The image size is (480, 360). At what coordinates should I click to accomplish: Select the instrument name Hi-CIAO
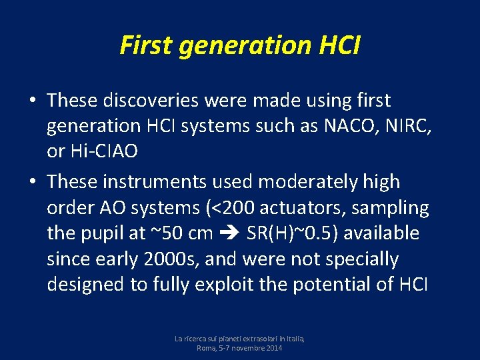(102, 151)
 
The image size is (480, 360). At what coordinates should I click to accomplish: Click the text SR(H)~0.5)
(289, 233)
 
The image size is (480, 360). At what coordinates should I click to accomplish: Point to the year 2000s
(165, 259)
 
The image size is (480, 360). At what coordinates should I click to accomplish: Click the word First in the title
(145, 45)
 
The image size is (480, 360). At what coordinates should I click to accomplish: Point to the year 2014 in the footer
(272, 348)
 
